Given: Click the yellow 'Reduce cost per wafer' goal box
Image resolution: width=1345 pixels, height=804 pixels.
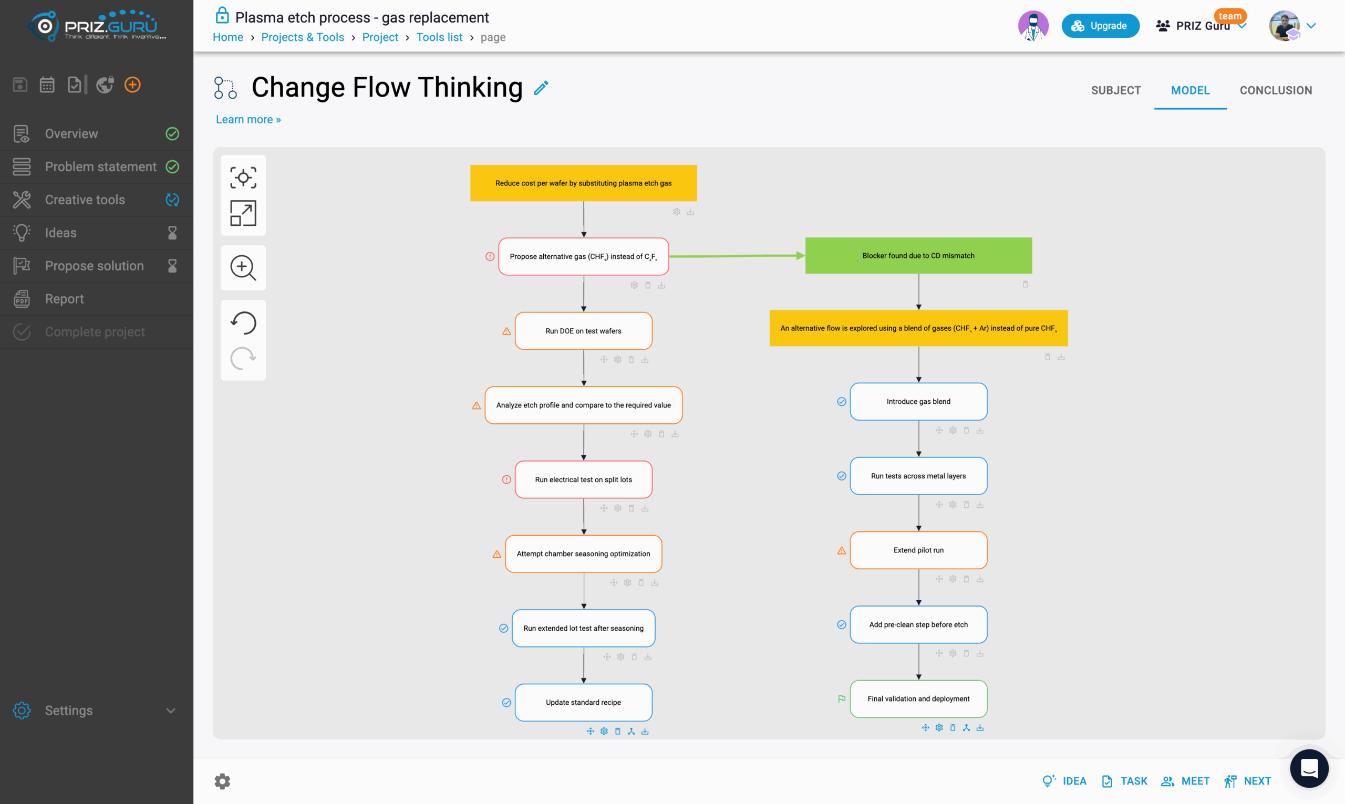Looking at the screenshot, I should [x=583, y=183].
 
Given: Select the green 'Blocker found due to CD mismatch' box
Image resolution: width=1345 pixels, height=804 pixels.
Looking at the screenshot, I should [x=918, y=256].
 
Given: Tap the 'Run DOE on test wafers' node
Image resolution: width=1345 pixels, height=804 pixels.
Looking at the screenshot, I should [x=583, y=331].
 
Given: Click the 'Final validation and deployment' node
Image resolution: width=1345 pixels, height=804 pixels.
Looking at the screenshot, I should [x=918, y=699].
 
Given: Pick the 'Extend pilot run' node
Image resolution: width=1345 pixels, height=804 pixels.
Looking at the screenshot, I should [x=918, y=550].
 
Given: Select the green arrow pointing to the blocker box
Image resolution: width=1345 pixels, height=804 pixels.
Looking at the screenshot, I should [x=737, y=256].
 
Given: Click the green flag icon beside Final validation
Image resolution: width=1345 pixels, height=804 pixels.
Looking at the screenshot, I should [x=842, y=699].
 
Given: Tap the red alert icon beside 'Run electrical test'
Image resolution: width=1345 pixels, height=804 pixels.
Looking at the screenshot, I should [x=506, y=479].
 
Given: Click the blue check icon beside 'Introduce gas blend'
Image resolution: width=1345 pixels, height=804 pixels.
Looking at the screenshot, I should [x=842, y=401].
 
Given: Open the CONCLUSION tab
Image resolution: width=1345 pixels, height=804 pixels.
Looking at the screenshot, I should [x=1276, y=90].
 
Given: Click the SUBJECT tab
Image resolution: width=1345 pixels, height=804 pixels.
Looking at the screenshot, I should [x=1116, y=90].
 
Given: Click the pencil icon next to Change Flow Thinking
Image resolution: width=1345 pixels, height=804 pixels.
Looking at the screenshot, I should [x=541, y=88].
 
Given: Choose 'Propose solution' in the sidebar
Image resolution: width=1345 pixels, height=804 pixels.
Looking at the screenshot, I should [x=94, y=266].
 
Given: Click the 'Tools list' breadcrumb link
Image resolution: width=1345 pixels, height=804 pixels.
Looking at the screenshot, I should [x=439, y=37].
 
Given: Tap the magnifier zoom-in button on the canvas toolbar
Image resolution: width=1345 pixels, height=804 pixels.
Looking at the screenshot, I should [x=243, y=268].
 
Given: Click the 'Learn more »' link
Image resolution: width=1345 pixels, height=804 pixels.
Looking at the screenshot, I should [x=248, y=120].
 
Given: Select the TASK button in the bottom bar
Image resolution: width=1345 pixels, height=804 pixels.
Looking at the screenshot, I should [x=1124, y=781].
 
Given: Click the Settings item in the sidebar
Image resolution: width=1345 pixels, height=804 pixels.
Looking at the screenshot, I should [x=69, y=711].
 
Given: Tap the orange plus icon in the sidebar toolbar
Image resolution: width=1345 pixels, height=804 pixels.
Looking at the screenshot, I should [x=132, y=85].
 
